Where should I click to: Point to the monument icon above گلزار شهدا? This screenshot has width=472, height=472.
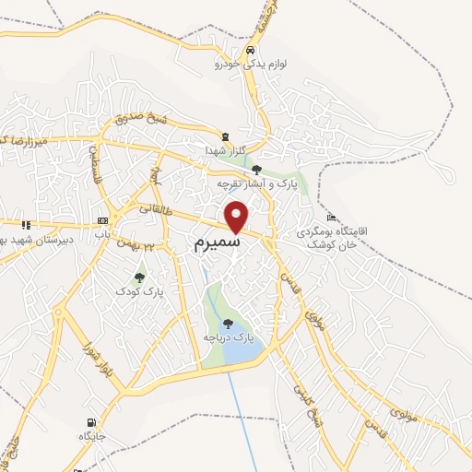click(x=225, y=135)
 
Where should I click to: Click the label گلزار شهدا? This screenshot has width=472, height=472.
click(x=226, y=149)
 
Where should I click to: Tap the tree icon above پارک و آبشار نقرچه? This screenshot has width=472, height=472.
click(x=256, y=170)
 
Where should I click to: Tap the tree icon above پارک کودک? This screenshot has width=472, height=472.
click(x=139, y=277)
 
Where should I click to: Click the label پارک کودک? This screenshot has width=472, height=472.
click(x=139, y=291)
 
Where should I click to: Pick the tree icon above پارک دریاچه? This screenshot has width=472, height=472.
click(x=228, y=324)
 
